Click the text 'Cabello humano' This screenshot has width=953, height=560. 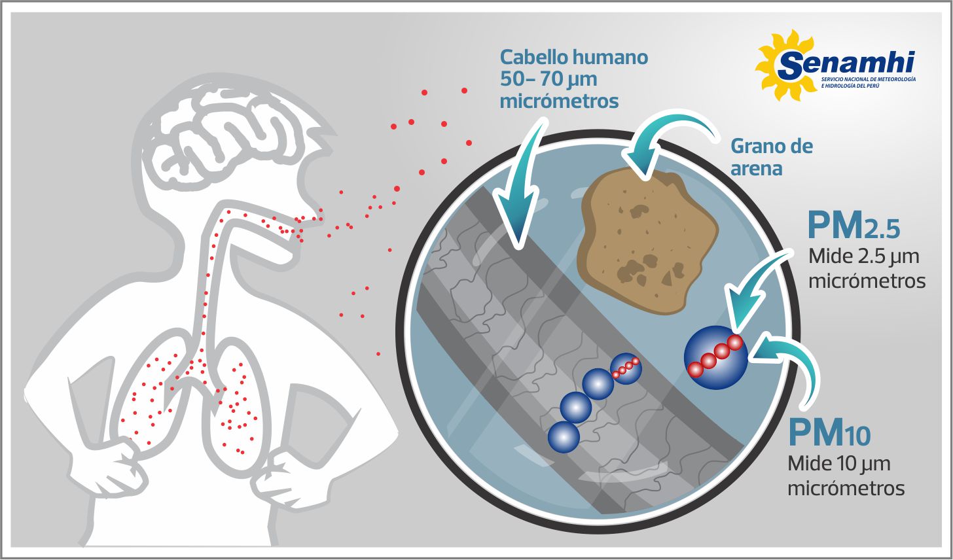pyautogui.click(x=573, y=58)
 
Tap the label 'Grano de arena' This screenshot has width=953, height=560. pyautogui.click(x=771, y=157)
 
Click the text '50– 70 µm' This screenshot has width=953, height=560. pyautogui.click(x=548, y=80)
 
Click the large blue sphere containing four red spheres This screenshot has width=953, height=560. pyautogui.click(x=715, y=358)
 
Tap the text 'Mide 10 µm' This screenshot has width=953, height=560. pyautogui.click(x=838, y=464)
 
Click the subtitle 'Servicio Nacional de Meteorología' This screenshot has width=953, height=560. pyautogui.click(x=868, y=79)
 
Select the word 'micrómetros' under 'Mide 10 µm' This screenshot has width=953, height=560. pyautogui.click(x=846, y=489)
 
